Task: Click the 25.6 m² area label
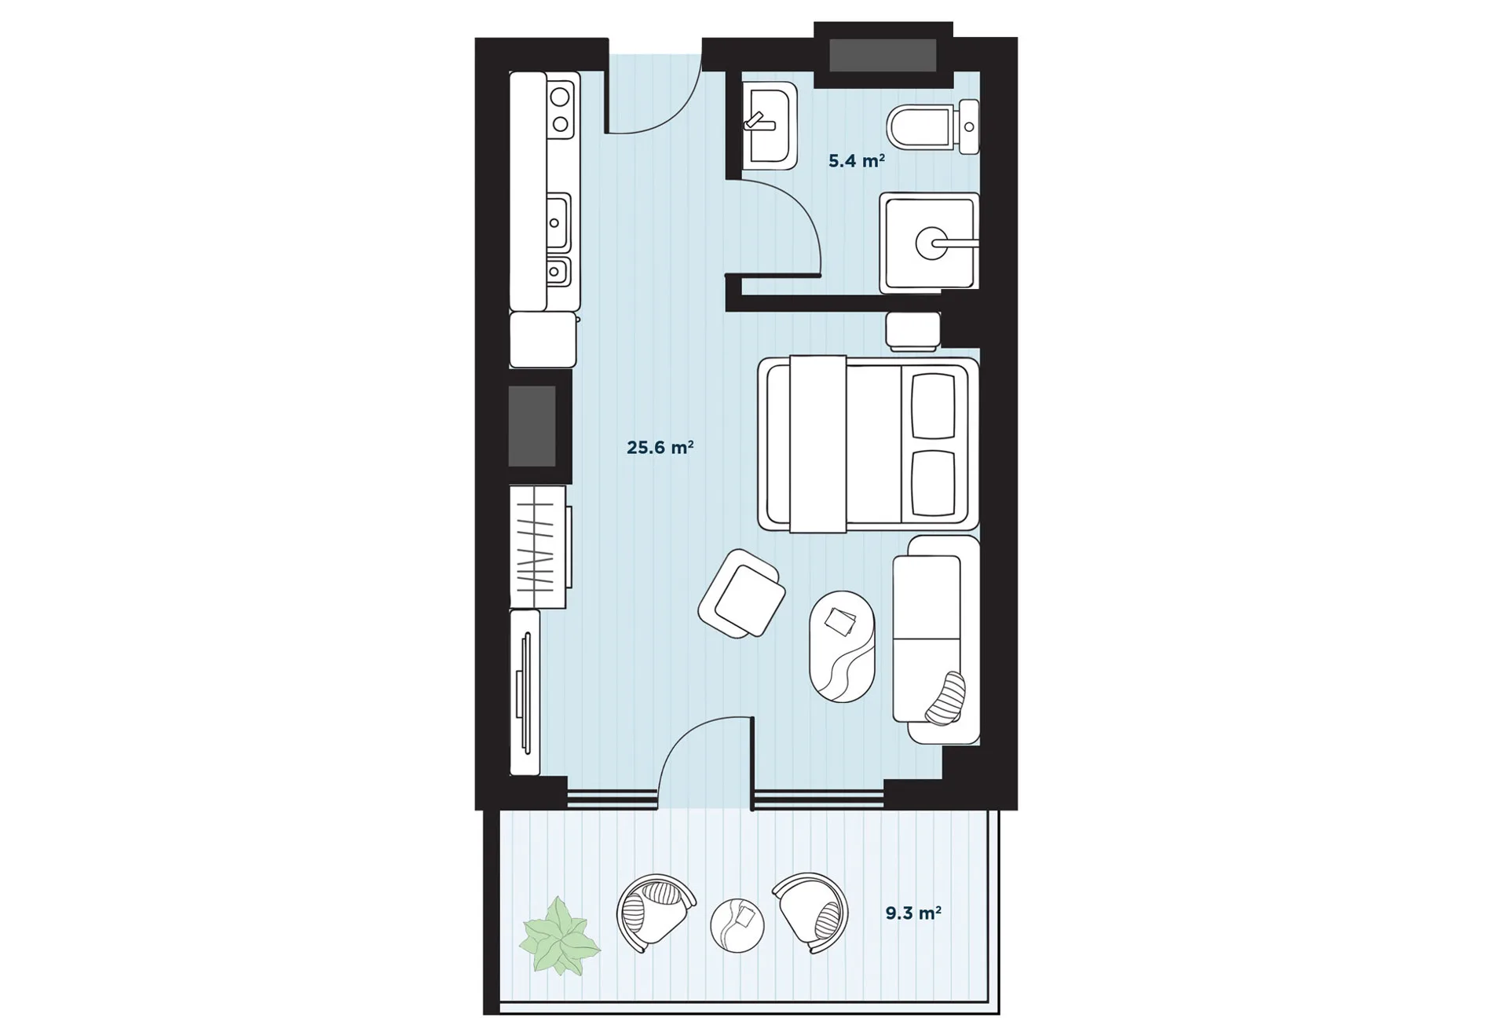[x=660, y=448]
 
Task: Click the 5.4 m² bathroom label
[x=857, y=161]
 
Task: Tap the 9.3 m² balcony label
[x=913, y=913]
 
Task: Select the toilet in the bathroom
[x=933, y=126]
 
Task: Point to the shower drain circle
[x=932, y=243]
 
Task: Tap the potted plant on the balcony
[x=558, y=936]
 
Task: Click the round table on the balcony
[x=737, y=924]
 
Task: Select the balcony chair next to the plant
[x=655, y=913]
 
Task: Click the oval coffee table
[x=842, y=646]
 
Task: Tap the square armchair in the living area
[x=741, y=593]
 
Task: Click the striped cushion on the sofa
[x=945, y=698]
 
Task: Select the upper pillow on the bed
[x=933, y=405]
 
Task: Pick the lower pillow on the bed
[x=933, y=484]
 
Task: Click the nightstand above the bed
[x=912, y=331]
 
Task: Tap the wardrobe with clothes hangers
[x=539, y=547]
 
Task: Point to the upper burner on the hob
[x=560, y=97]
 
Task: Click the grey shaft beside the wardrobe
[x=532, y=426]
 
